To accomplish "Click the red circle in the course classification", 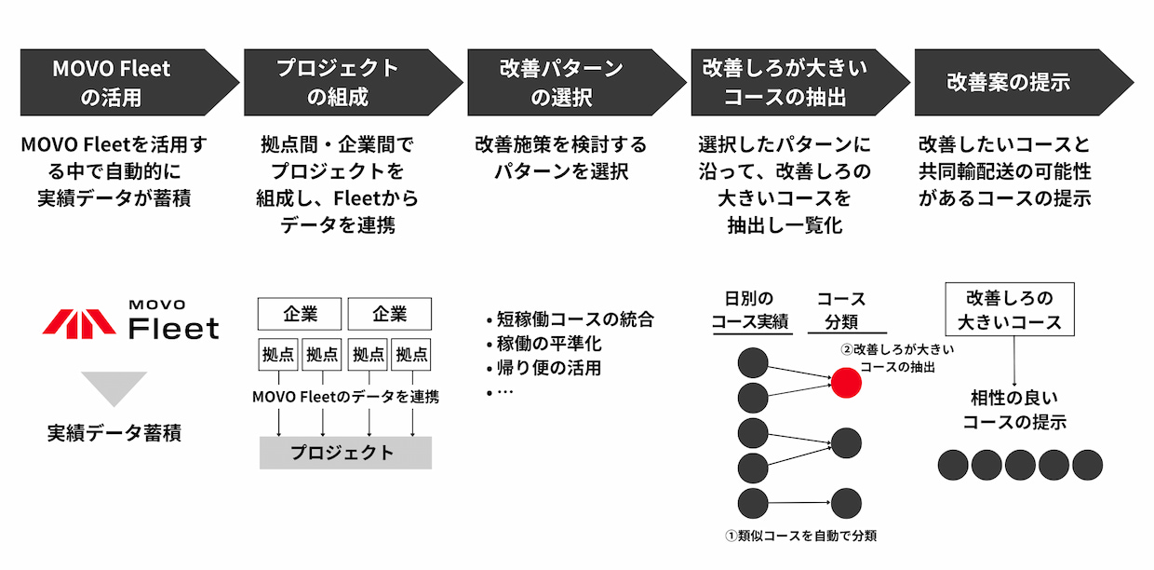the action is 846,383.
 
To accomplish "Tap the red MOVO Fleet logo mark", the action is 79,324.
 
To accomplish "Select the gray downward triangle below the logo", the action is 114,388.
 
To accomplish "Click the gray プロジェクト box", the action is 345,453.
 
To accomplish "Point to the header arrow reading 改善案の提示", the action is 1024,82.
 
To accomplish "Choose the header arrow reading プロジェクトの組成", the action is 353,82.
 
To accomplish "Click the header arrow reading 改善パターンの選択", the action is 576,82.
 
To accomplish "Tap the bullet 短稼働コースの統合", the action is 570,319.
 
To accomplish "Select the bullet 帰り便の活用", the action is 543,368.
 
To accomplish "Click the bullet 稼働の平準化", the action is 543,344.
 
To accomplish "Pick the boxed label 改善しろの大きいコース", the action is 1010,309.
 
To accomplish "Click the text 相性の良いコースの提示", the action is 1014,410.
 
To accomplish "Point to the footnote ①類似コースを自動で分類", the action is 800,536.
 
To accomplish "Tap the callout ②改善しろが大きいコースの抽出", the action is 897,359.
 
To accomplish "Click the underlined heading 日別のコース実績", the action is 750,310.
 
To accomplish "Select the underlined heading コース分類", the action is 841,311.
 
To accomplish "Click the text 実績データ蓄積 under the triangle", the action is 114,433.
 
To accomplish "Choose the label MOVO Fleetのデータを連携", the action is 345,397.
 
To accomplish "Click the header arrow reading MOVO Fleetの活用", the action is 129,82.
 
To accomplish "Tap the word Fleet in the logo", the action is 174,328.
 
